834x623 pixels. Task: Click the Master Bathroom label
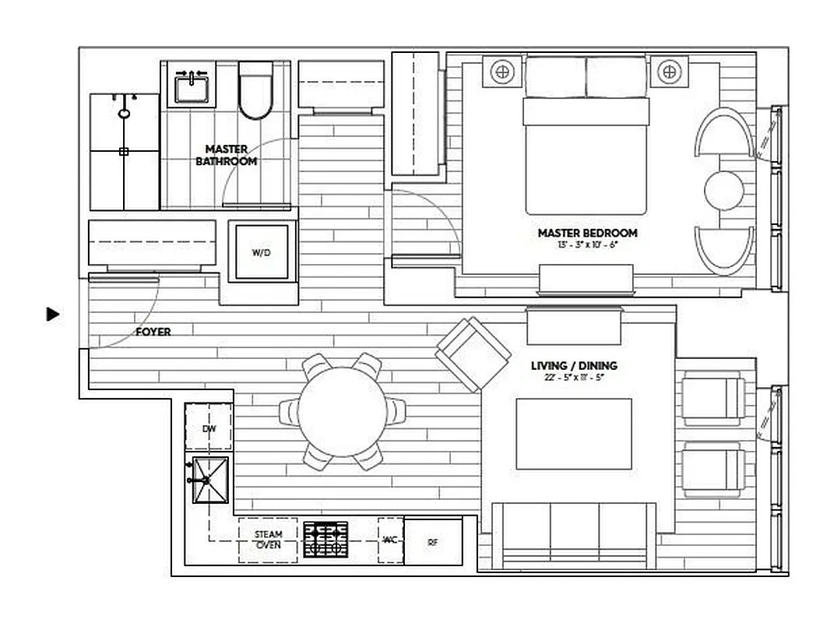226,155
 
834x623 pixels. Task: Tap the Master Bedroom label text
587,233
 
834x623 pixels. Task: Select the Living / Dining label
574,365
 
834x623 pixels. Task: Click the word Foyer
153,332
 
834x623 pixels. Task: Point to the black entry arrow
53,315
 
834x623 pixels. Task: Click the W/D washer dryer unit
262,252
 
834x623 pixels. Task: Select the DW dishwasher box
208,428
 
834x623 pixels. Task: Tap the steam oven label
268,540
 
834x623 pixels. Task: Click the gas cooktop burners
326,539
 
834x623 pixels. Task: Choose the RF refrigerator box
433,540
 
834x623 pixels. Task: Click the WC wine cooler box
390,540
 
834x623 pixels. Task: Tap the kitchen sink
211,480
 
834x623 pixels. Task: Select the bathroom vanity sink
191,84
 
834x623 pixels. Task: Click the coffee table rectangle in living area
574,434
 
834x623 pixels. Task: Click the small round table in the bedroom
725,190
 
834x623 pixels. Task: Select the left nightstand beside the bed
502,72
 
